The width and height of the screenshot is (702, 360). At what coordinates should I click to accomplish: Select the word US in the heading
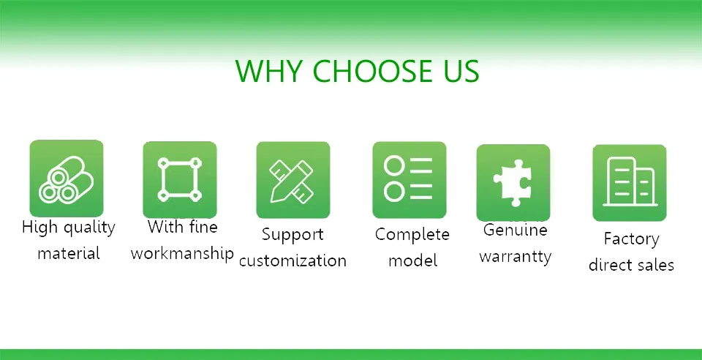coord(459,71)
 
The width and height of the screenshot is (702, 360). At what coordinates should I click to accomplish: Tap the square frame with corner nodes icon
coord(179,179)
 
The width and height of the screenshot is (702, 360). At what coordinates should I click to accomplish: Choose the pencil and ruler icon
coord(292,180)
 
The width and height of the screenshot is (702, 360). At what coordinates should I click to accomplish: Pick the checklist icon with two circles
coord(409,180)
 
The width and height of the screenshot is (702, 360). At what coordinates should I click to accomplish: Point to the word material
coord(69,254)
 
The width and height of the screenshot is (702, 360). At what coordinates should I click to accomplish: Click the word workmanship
coord(182,254)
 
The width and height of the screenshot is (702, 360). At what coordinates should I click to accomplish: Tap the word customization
coord(292,260)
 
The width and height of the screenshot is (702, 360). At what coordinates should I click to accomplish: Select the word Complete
coord(412,235)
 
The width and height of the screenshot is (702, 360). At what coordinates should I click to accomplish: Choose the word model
coord(412,260)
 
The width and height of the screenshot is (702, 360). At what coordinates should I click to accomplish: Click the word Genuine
coord(516,230)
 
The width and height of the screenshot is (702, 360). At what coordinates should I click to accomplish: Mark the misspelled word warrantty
coord(516,257)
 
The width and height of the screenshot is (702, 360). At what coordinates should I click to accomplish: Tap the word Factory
coord(631,239)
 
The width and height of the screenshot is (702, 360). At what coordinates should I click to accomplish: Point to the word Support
coord(292,235)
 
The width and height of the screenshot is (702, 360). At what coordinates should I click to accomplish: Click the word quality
coord(89,228)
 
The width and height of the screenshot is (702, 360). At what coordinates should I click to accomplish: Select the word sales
coord(654,265)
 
